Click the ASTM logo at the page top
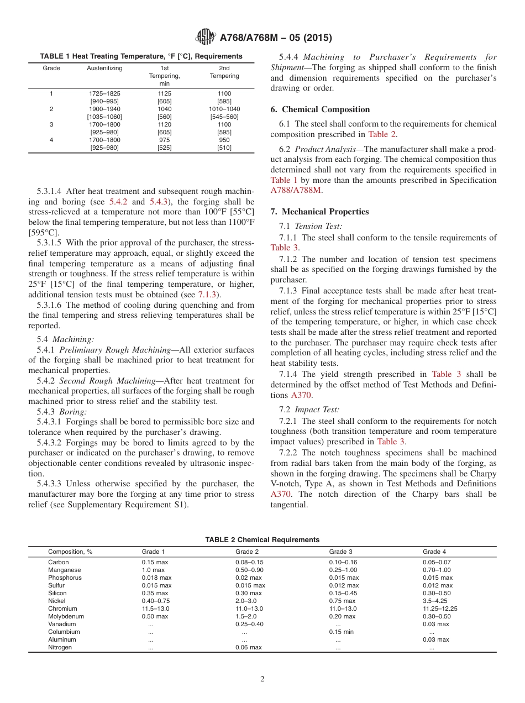206,38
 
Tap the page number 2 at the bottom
262,679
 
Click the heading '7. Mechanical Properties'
319,212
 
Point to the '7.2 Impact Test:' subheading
309,410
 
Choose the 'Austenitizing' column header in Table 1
105,69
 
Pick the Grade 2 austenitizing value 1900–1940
104,109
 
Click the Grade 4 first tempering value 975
165,140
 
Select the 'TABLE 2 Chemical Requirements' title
262,539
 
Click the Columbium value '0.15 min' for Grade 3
342,632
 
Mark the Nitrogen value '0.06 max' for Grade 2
248,647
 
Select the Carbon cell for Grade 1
154,562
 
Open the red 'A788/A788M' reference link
296,190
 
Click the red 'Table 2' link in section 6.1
381,134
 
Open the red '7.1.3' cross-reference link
207,295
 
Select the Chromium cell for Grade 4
440,608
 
